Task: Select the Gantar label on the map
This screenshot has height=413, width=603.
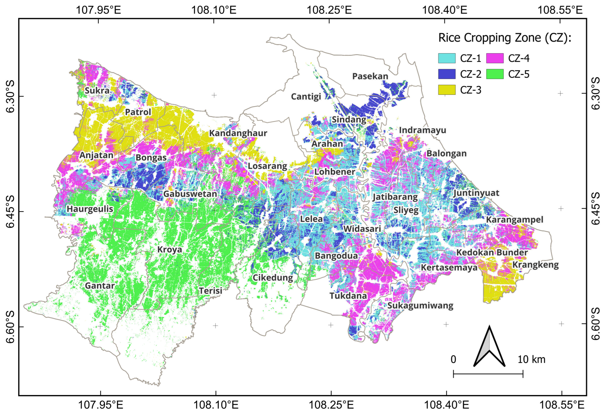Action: point(100,286)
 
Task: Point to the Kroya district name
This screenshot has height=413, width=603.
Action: point(170,250)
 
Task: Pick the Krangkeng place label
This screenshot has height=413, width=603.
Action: point(535,265)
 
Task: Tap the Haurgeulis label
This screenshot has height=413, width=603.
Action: point(90,209)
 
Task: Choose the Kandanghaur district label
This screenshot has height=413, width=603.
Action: point(238,133)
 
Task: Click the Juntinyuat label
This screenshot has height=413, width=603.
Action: point(476,193)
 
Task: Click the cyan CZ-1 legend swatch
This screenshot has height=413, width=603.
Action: point(447,58)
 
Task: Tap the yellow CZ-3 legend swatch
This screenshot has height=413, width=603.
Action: point(447,90)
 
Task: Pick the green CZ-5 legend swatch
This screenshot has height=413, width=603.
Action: point(495,74)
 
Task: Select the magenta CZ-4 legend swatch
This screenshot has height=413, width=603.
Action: point(495,58)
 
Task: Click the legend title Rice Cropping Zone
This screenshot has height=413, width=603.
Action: point(505,38)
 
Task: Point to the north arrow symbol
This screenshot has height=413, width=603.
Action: point(489,348)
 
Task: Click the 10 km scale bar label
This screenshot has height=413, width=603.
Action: point(531,360)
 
